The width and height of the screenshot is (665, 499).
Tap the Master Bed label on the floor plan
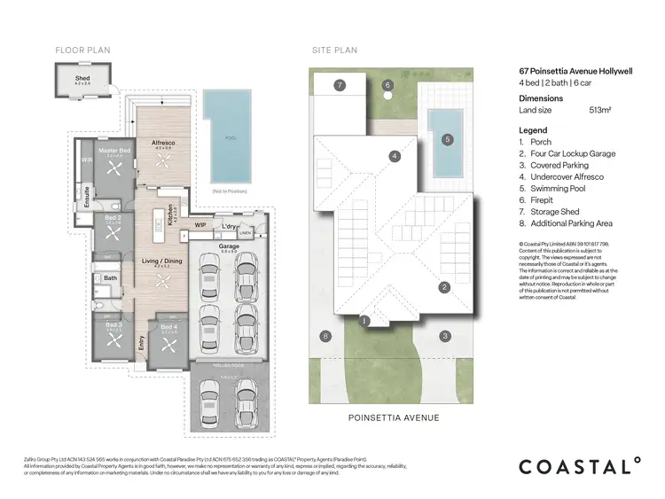click(114, 152)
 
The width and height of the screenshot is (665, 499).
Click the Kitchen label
click(170, 216)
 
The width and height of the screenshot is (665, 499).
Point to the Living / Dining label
click(161, 261)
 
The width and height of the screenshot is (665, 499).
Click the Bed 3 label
click(113, 326)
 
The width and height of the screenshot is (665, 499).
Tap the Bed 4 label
click(168, 328)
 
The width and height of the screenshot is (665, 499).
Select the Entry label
click(139, 341)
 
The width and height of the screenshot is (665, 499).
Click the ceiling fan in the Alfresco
click(161, 162)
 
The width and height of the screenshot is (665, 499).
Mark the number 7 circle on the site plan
click(340, 86)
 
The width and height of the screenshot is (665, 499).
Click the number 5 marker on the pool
click(448, 139)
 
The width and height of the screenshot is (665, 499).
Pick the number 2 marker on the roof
click(445, 286)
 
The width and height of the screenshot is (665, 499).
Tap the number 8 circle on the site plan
click(326, 336)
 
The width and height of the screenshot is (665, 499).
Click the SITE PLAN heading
click(334, 51)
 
